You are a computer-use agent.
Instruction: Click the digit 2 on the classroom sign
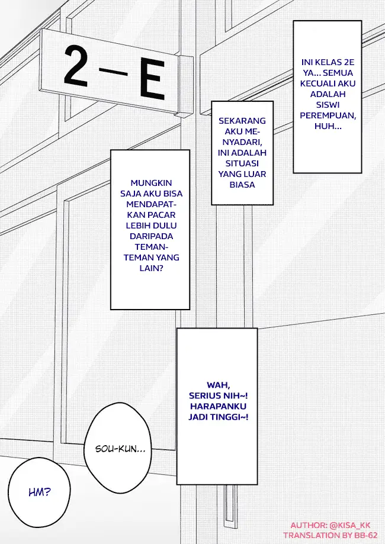point(75,66)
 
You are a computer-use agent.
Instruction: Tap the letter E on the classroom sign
point(152,79)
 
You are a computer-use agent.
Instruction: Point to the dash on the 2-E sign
point(113,72)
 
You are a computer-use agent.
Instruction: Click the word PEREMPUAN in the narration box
point(328,115)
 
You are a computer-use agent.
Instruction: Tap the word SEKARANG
point(242,121)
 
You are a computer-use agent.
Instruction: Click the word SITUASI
point(242,163)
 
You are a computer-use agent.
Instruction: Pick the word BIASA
point(242,185)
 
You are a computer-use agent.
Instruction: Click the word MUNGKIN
point(152,183)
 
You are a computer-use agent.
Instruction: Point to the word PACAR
point(163,215)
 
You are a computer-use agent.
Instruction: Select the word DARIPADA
point(152,236)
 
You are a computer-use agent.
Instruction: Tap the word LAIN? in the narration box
point(152,268)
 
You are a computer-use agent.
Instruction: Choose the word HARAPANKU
point(219,406)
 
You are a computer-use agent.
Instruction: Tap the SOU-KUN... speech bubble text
point(120,449)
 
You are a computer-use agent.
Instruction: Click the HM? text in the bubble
point(40,491)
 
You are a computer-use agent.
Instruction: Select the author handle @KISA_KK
point(350,525)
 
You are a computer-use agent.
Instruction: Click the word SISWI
point(328,104)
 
